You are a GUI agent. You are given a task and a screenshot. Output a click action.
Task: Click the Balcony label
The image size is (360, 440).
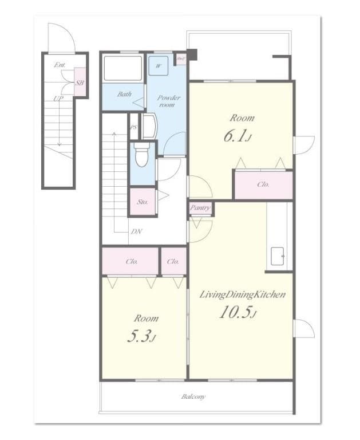(x=193, y=396)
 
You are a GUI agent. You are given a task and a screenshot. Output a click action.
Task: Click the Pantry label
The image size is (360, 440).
(x=200, y=208)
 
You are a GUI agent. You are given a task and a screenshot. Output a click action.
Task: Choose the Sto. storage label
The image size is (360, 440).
(x=143, y=202)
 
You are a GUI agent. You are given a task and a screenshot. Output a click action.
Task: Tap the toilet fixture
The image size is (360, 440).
(x=141, y=154)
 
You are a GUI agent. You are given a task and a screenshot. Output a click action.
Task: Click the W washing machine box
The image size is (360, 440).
(x=158, y=65)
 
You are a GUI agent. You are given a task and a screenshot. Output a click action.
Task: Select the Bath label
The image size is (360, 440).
(x=124, y=94)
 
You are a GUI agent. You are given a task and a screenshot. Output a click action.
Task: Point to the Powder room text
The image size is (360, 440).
(x=168, y=101)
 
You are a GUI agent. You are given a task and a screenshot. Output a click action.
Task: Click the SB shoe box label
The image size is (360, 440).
(x=80, y=82)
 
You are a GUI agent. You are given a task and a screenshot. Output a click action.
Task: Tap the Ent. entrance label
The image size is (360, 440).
(x=59, y=65)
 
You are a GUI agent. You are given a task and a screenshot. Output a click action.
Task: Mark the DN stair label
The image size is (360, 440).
(x=137, y=231)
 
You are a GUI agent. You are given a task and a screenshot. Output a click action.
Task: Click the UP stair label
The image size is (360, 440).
(x=58, y=99)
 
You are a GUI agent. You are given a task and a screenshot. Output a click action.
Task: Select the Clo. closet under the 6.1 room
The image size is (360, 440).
(x=263, y=184)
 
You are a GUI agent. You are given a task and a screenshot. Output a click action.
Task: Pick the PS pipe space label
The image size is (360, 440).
(x=134, y=127)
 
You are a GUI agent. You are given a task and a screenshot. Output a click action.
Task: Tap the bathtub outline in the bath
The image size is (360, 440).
(x=122, y=69)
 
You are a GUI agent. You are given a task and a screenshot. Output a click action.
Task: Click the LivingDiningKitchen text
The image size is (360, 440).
(x=242, y=294)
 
